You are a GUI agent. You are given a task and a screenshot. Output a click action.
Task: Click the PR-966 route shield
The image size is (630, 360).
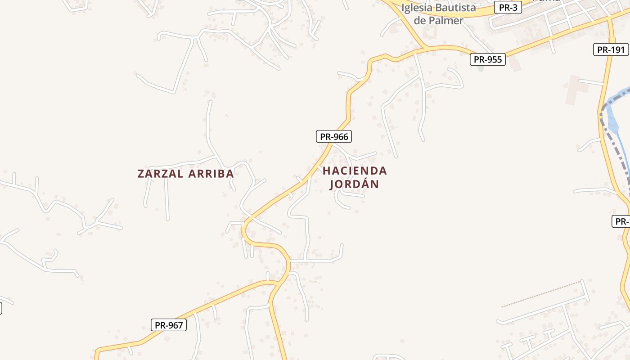click(x=333, y=136)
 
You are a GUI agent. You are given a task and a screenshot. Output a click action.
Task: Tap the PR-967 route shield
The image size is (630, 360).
click(x=169, y=325)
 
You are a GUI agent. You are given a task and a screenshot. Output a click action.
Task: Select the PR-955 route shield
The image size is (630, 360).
click(x=488, y=59)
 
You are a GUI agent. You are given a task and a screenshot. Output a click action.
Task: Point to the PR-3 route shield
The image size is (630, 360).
click(x=508, y=7)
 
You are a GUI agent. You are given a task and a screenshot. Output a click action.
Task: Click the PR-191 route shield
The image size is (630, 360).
click(x=611, y=49)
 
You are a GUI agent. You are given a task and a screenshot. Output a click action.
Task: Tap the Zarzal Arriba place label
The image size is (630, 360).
click(x=185, y=174)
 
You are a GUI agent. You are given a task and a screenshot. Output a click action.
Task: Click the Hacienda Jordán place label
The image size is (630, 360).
click(x=355, y=177)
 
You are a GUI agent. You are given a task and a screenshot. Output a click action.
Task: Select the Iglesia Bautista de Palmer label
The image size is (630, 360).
click(x=438, y=14)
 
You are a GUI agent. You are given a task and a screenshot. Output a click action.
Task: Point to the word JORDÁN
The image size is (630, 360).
click(x=355, y=184)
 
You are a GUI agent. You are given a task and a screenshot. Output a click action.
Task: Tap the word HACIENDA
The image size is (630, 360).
click(x=355, y=171)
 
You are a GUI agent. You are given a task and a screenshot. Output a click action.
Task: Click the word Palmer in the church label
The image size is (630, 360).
click(x=445, y=20)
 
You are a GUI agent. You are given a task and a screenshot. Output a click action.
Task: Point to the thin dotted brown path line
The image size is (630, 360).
click(x=540, y=294)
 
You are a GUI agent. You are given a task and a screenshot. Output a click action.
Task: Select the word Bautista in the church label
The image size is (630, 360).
click(x=457, y=8)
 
